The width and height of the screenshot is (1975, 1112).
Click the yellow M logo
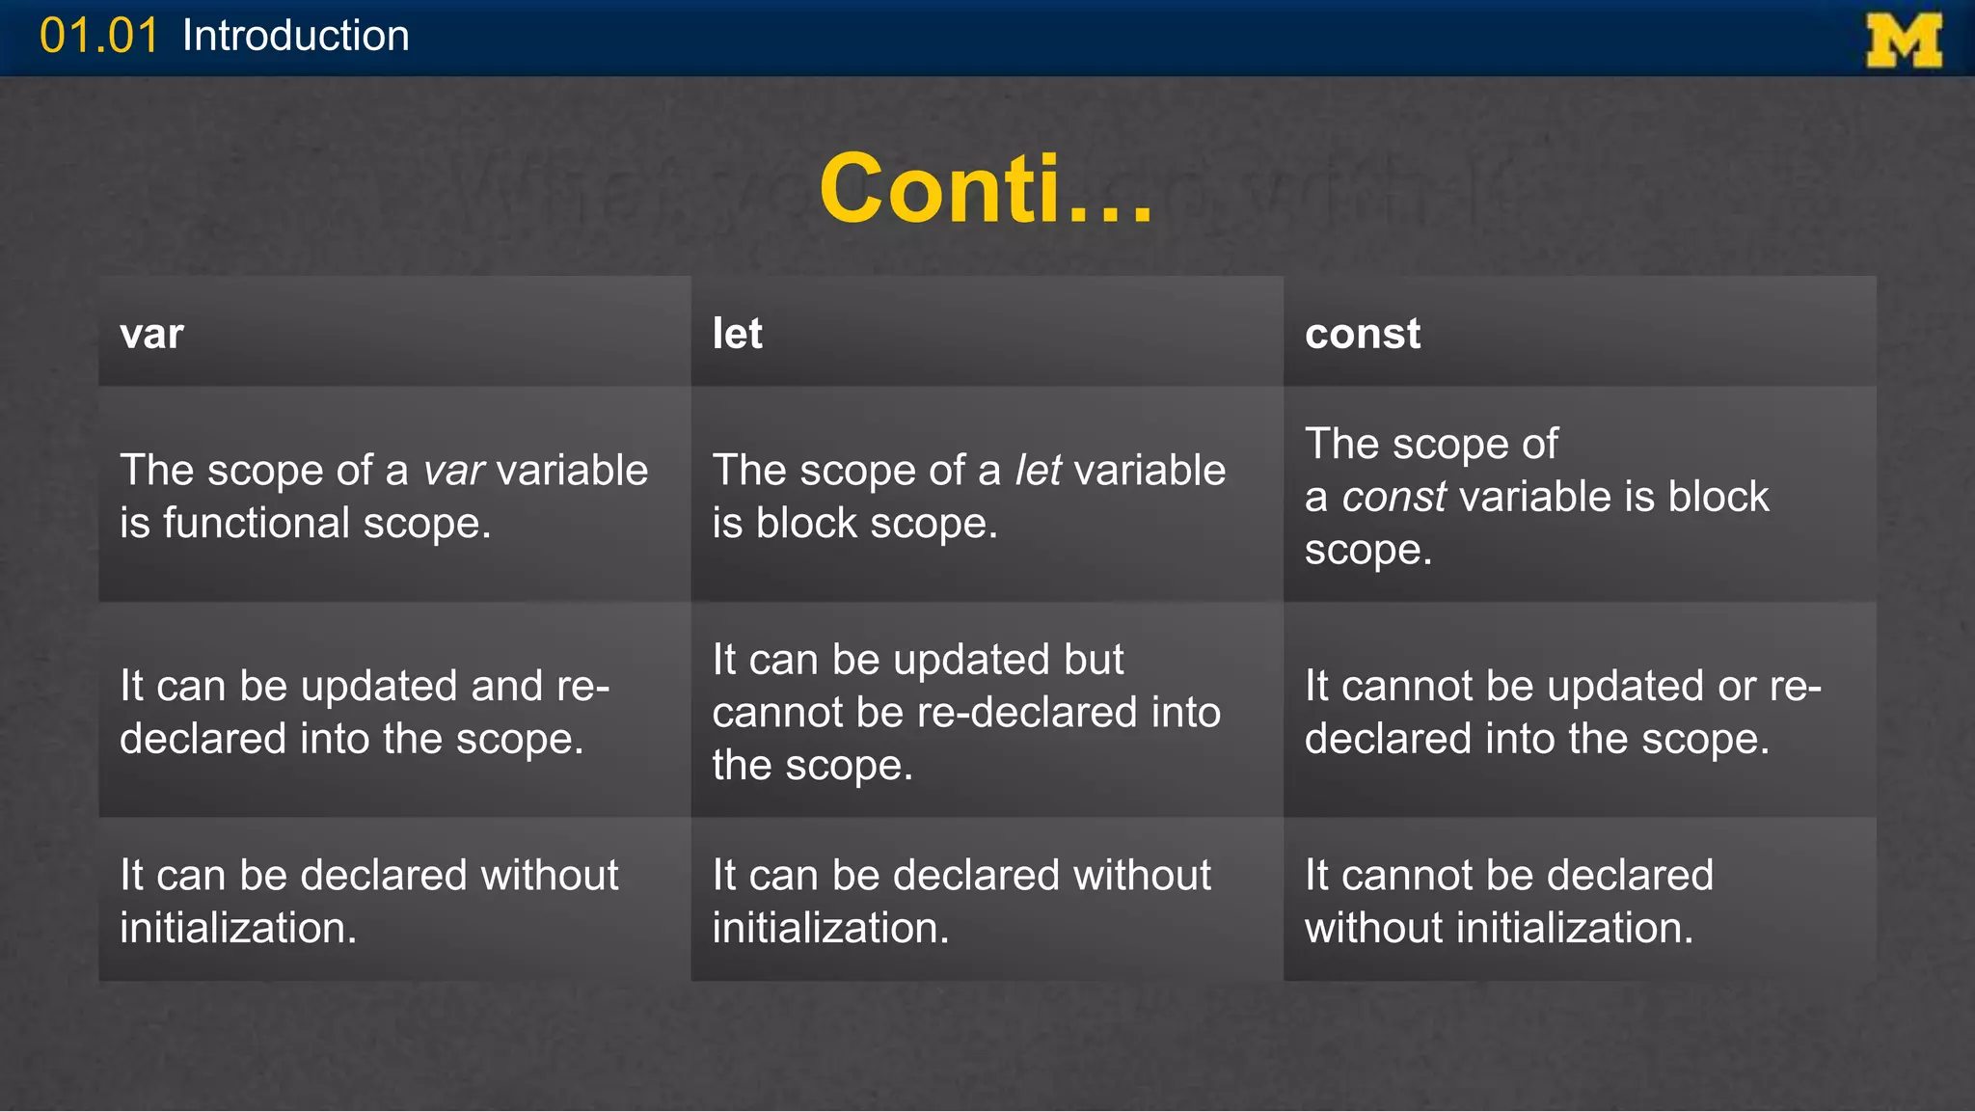click(x=1904, y=41)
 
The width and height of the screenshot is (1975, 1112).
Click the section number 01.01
click(x=98, y=37)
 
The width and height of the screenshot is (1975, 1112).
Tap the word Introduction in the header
click(x=295, y=37)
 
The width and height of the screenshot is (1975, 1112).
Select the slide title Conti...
click(x=986, y=189)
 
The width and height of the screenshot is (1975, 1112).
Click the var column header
click(x=151, y=334)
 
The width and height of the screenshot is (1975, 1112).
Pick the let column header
click(x=737, y=334)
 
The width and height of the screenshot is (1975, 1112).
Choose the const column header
click(x=1362, y=334)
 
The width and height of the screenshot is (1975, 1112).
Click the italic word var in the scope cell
click(x=453, y=471)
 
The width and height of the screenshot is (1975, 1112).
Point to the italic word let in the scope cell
click(x=1038, y=471)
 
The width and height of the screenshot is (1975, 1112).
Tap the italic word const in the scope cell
click(x=1393, y=498)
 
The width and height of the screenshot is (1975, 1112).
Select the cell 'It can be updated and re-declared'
click(x=365, y=712)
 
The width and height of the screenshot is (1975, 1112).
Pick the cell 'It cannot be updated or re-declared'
click(x=1562, y=712)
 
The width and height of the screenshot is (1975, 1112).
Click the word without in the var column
click(x=549, y=876)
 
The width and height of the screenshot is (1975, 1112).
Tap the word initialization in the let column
click(x=830, y=929)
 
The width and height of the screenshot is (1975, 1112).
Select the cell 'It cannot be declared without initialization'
click(x=1509, y=902)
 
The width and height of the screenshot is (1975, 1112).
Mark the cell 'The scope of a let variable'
click(x=968, y=497)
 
